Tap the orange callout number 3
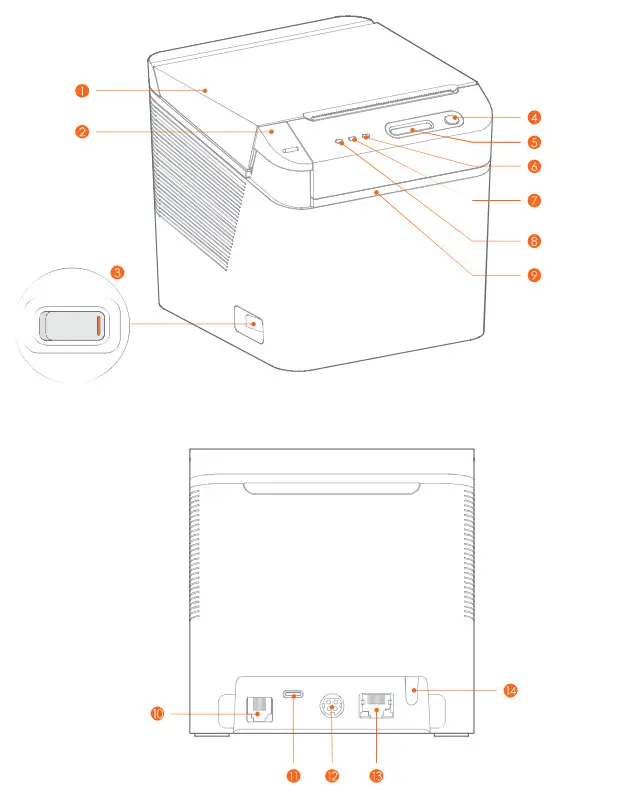(118, 272)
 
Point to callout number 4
(535, 117)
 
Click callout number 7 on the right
(535, 200)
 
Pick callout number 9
(535, 274)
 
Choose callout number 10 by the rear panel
(157, 714)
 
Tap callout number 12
(332, 775)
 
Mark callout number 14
(510, 690)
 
